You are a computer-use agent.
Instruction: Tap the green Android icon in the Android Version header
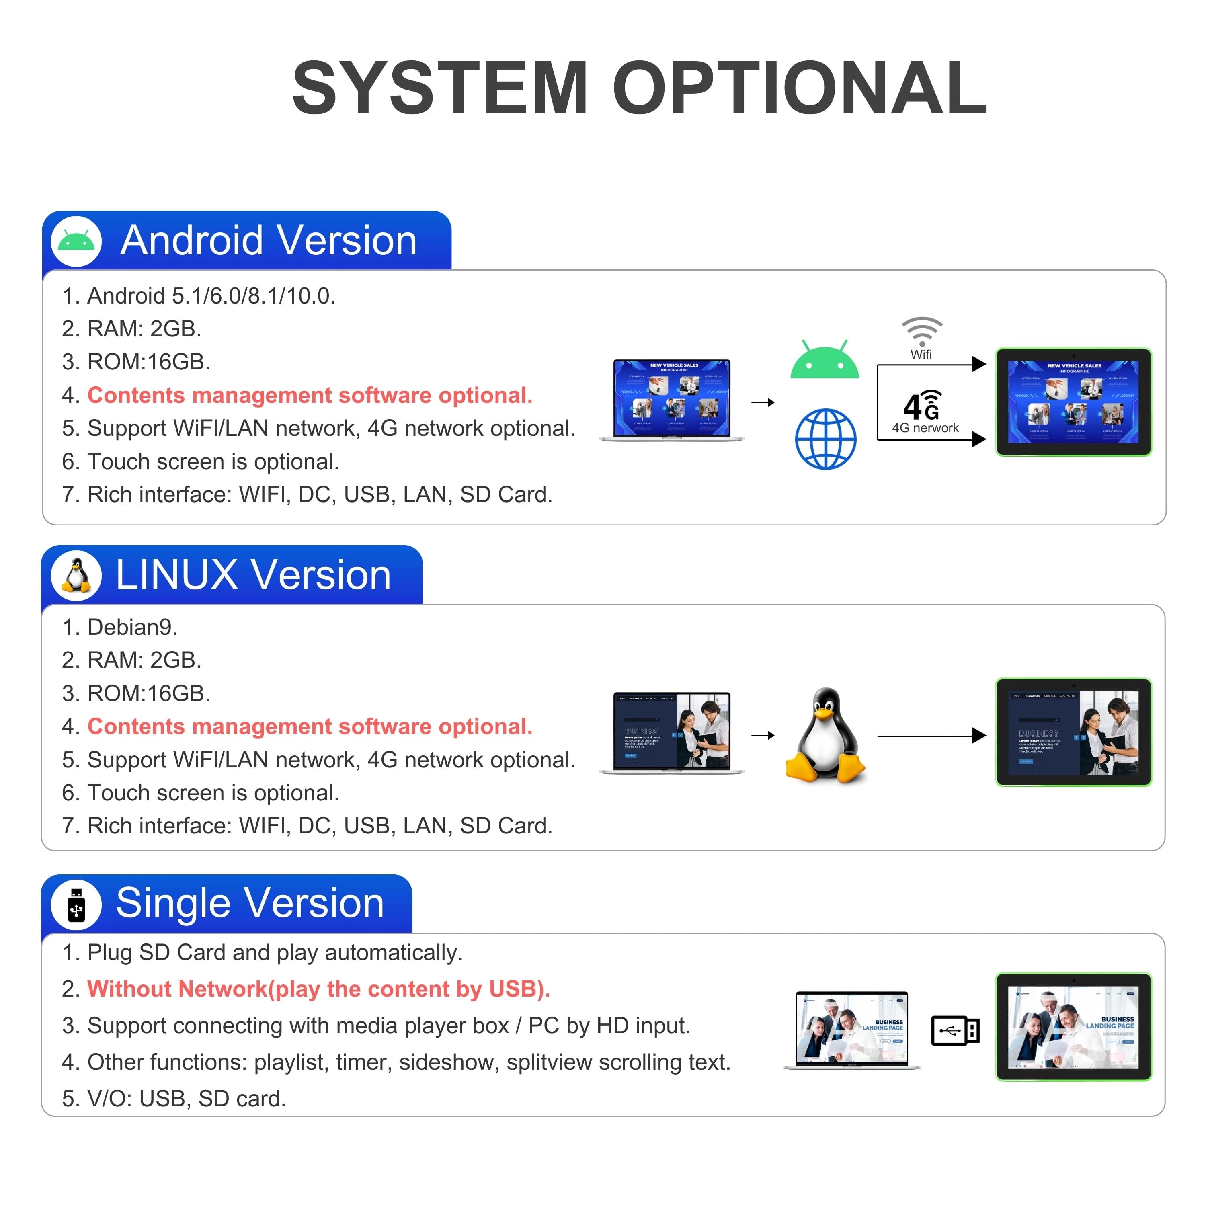[x=76, y=241]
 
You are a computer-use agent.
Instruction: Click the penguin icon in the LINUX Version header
[x=76, y=574]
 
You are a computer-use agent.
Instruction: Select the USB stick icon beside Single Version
[x=76, y=904]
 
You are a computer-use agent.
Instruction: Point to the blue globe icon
[x=825, y=439]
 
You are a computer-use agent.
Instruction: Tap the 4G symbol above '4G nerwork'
[x=921, y=406]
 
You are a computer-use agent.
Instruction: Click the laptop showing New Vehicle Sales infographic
[x=672, y=400]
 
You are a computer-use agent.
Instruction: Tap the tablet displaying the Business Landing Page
[x=1073, y=1027]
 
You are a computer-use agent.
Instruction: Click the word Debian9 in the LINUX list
[x=132, y=627]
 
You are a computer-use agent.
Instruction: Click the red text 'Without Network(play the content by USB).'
[x=318, y=989]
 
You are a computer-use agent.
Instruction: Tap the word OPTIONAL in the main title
[x=800, y=88]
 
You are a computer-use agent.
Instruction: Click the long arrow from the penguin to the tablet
[x=930, y=736]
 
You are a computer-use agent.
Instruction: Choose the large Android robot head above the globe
[x=825, y=361]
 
